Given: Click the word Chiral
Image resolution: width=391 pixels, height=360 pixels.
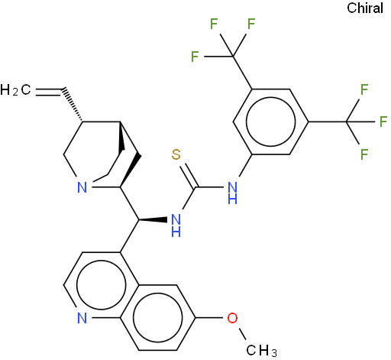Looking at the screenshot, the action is coord(365,8).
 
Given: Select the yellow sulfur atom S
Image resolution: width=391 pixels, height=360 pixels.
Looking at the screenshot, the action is coord(176,154).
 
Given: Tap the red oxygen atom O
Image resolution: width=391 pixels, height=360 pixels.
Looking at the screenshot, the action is coord(232,318).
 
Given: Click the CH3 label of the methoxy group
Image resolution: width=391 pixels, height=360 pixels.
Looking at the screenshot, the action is coord(261,350).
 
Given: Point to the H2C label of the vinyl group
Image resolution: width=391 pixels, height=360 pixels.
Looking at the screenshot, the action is coord(15,90).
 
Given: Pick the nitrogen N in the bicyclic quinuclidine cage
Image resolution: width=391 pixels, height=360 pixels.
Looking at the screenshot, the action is coord(82,187).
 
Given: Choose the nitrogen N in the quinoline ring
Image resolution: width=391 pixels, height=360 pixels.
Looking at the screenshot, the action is coord(82,318).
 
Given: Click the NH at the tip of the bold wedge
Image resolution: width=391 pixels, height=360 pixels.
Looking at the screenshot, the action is coord(176,225).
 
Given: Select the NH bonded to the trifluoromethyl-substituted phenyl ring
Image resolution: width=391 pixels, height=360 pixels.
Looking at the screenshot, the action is coord(232,193).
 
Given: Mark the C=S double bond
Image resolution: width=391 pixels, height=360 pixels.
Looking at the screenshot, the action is coord(189,177).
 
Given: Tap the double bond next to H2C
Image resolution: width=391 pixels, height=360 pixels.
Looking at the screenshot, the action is coord(48,92).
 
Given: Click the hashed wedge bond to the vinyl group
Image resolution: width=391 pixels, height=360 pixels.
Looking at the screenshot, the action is coord(73,105).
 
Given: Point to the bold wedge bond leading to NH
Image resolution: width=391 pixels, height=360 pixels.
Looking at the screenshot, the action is coord(153,219).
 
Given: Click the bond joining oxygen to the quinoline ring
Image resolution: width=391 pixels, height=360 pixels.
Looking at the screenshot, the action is coord(209,318).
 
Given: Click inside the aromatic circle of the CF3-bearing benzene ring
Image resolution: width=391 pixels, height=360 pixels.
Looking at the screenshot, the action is coord(271,122).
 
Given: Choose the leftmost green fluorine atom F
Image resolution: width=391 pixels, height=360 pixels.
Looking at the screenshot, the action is coord(195,57).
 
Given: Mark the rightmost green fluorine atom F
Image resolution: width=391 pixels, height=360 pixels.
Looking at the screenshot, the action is coord(383,122).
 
